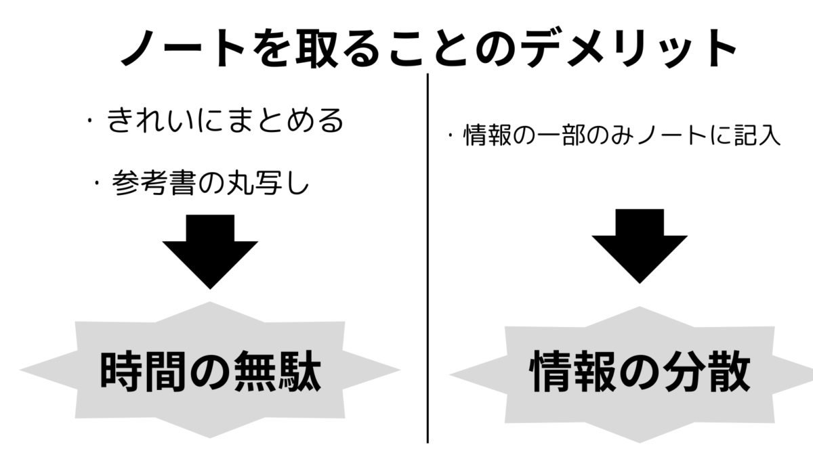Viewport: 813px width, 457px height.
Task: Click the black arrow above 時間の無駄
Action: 210,251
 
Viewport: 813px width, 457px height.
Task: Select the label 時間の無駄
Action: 210,371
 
